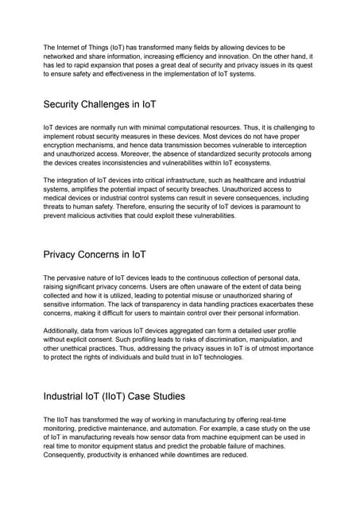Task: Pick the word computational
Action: click(179, 127)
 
